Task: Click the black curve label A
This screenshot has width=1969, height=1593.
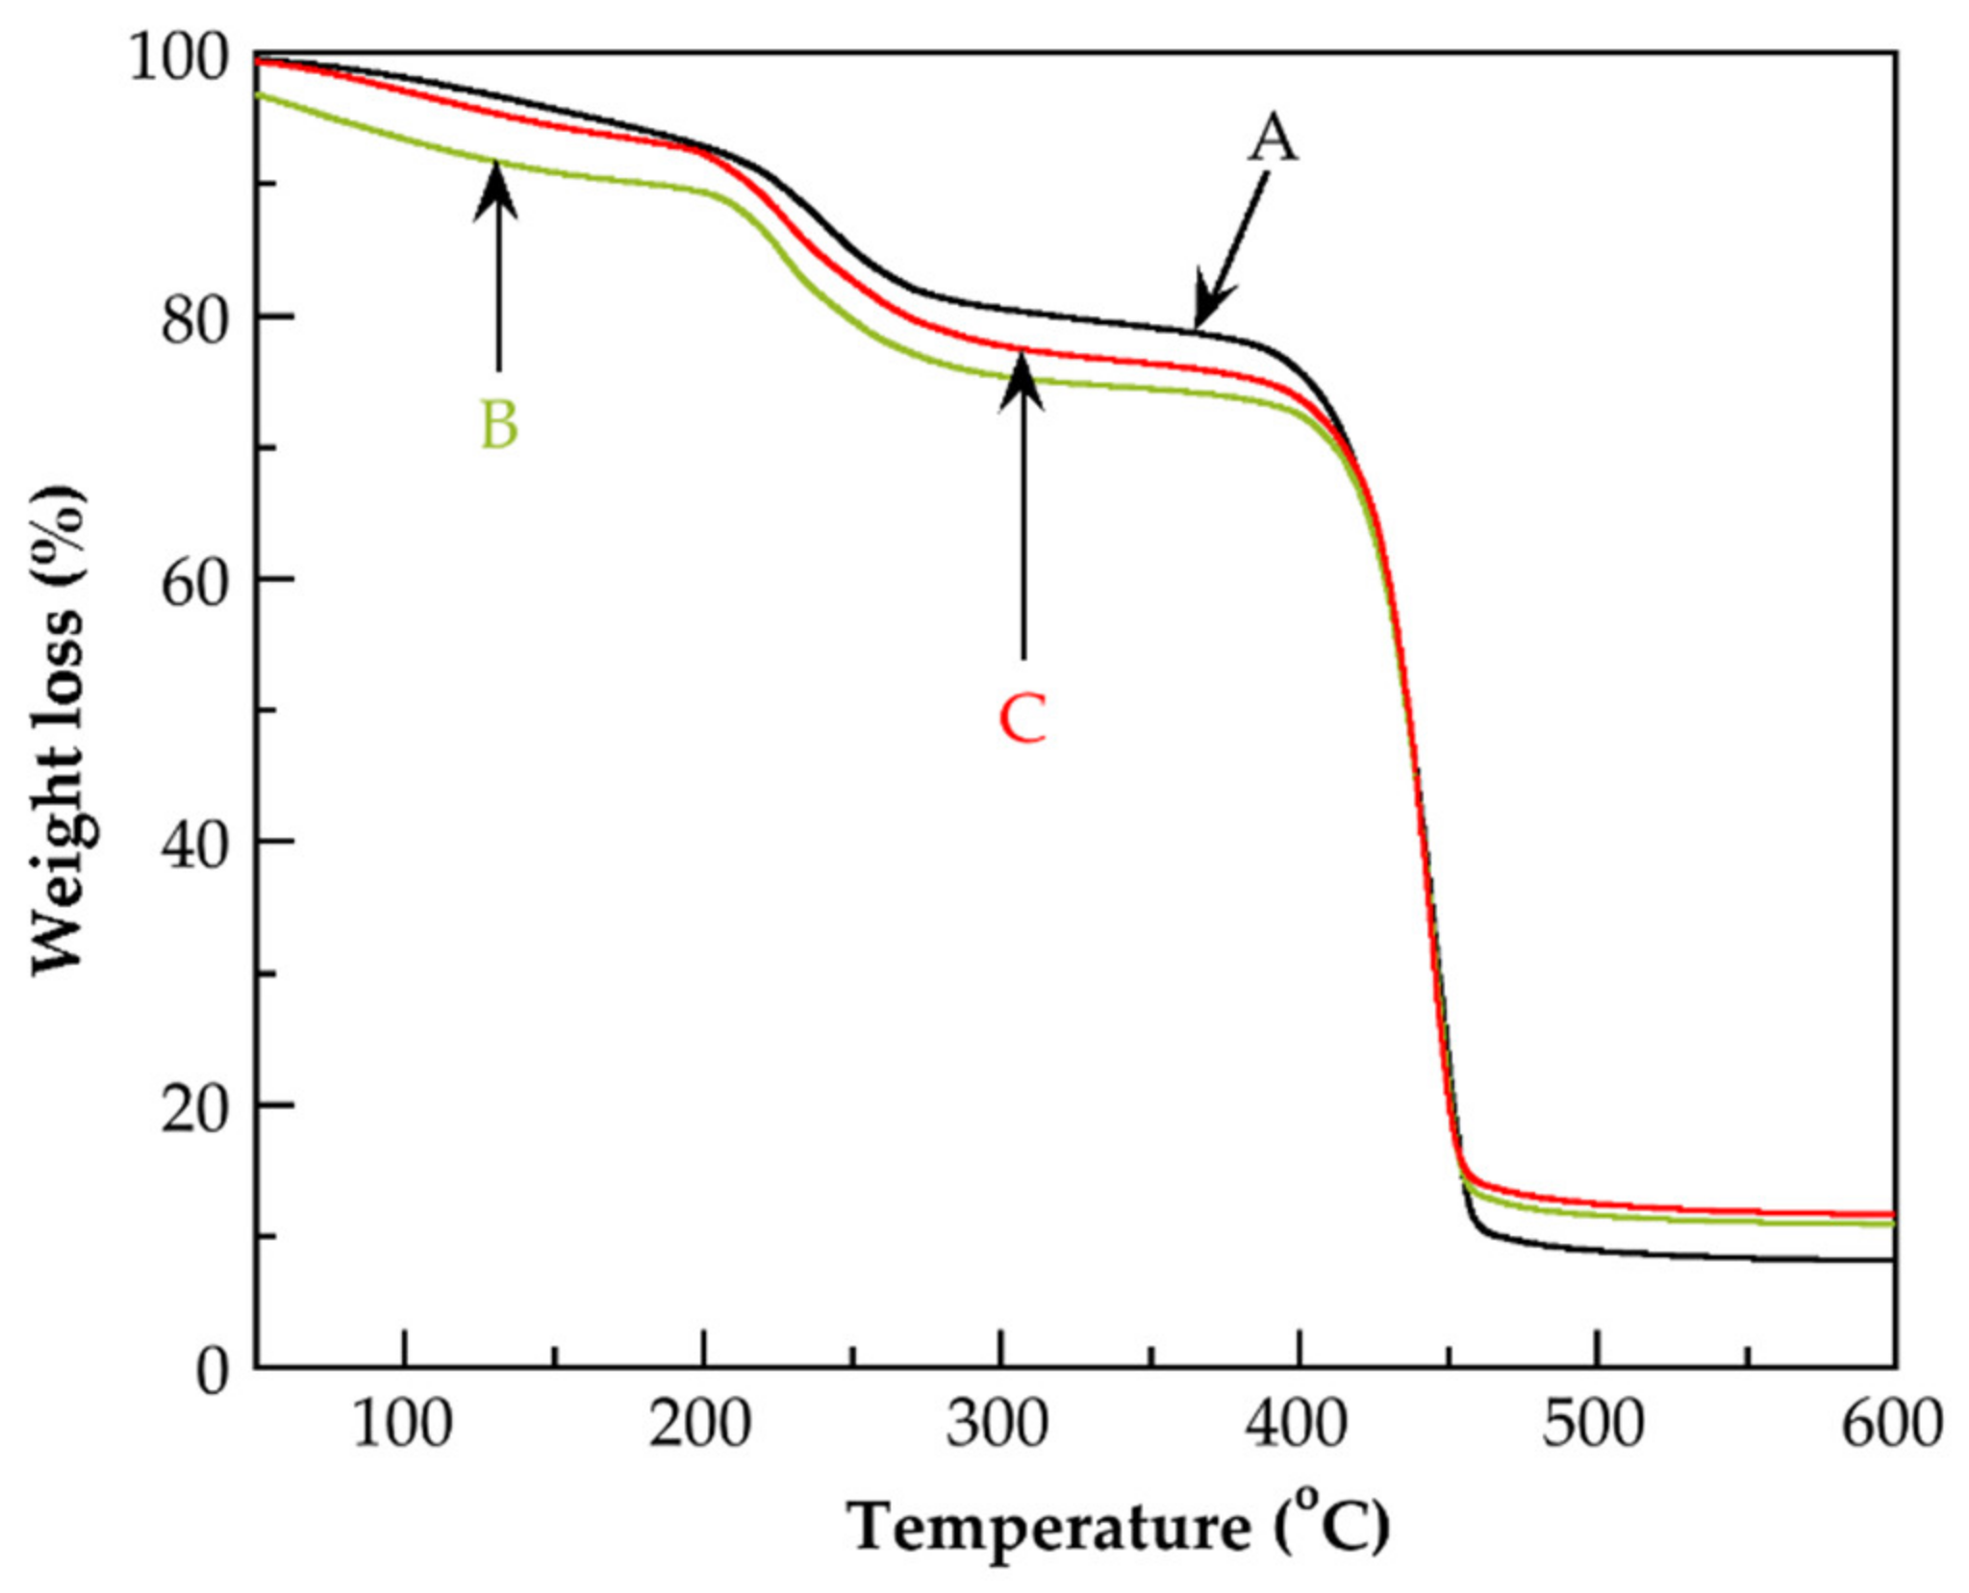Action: coord(1272,139)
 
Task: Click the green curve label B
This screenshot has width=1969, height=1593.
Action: coord(498,425)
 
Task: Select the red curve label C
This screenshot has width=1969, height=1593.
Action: coord(1022,720)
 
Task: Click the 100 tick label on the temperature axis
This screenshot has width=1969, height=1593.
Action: coord(403,1425)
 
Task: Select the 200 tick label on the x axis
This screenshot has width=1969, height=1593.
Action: coord(700,1425)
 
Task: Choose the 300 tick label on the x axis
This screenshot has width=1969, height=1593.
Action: coord(997,1425)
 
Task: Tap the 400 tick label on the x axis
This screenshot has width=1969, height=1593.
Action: coord(1297,1425)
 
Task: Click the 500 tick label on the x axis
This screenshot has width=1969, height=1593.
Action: coord(1594,1425)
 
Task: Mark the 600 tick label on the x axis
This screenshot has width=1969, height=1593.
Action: coord(1891,1425)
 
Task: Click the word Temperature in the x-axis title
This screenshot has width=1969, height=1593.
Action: coord(1048,1528)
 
